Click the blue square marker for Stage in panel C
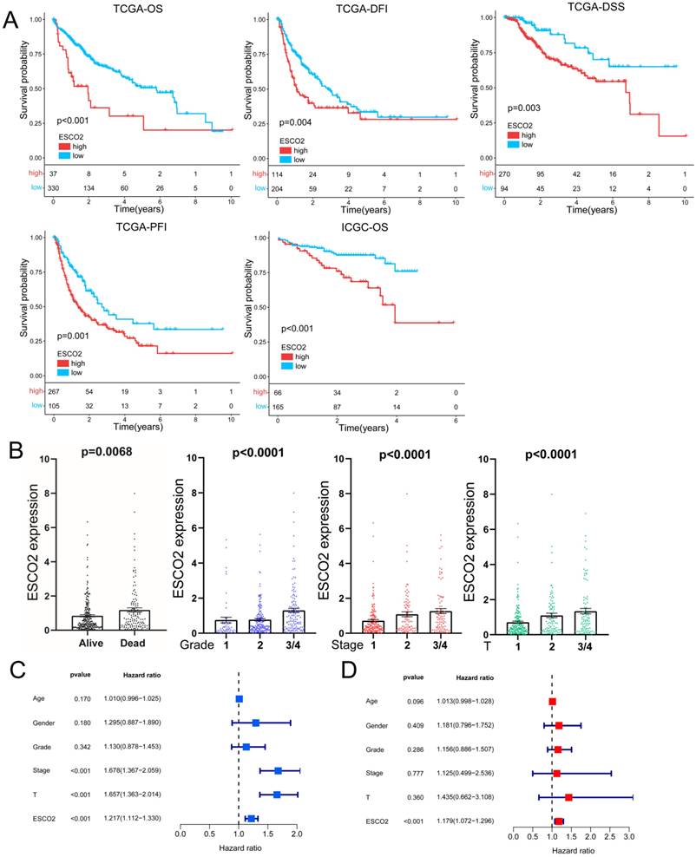click(278, 770)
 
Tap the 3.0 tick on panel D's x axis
click(629, 839)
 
